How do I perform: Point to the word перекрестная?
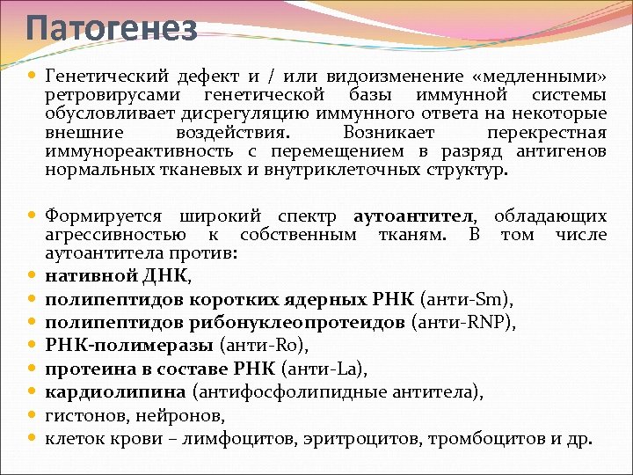tap(546, 133)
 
